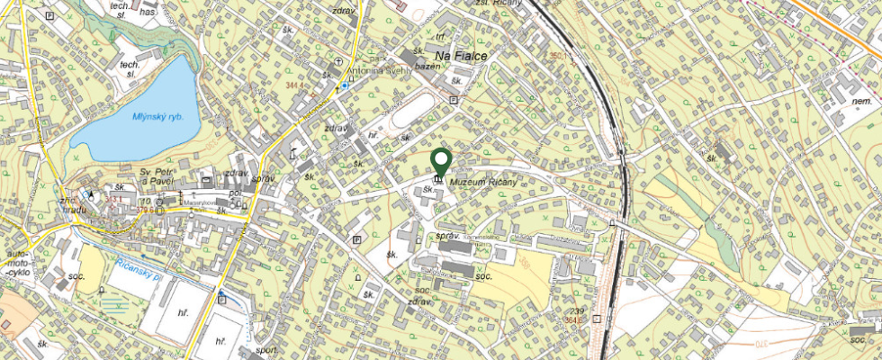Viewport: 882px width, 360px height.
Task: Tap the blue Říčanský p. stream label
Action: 140,269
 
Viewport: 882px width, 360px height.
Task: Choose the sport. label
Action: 265,351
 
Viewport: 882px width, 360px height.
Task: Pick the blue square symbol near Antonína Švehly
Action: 344,86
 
